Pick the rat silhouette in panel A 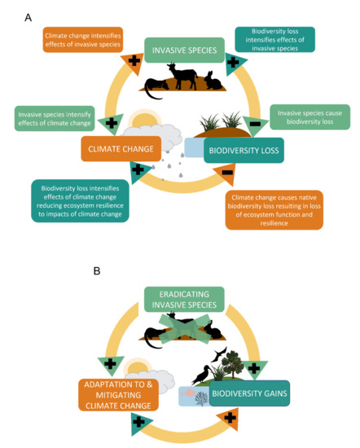pyautogui.click(x=155, y=85)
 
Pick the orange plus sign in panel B pyautogui.click(x=230, y=418)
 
